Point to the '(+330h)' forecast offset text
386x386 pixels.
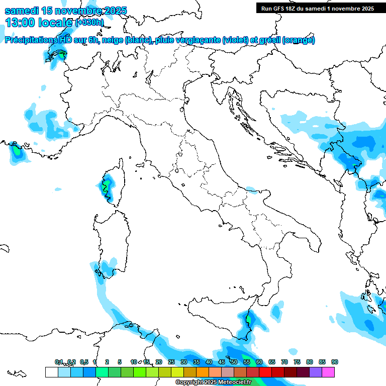(89, 23)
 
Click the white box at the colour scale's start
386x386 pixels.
(51, 372)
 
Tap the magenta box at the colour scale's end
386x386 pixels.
(328, 372)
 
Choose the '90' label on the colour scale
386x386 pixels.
(335, 362)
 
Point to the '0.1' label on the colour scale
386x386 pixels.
(59, 362)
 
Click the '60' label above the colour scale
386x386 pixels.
(259, 362)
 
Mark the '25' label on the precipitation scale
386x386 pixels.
(171, 362)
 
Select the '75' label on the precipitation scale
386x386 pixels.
(297, 362)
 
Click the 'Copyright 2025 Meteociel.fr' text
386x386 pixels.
(213, 382)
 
